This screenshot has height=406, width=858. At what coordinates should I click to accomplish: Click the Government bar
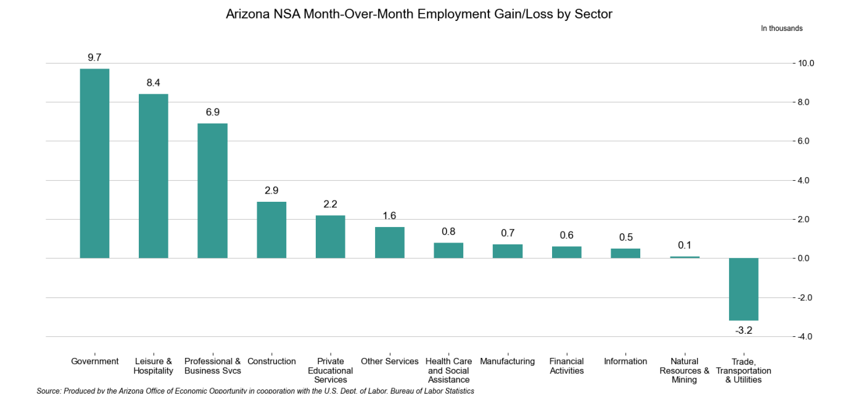click(x=94, y=163)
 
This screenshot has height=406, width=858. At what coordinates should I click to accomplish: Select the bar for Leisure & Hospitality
click(x=153, y=176)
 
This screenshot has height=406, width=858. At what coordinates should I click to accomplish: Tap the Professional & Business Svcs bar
click(x=212, y=191)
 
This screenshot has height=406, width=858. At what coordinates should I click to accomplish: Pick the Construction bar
click(x=271, y=230)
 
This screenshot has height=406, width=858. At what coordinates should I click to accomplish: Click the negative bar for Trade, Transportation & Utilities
click(x=743, y=289)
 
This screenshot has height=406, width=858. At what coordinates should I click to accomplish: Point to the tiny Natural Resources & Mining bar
click(x=685, y=257)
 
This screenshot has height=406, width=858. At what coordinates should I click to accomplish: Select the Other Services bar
click(x=389, y=242)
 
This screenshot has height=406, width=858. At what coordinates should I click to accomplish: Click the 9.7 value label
click(x=94, y=57)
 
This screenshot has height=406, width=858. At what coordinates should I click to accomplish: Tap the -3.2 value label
click(x=743, y=331)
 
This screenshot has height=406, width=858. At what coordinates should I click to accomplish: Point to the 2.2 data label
click(x=330, y=204)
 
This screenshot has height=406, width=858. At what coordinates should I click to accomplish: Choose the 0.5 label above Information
click(x=625, y=238)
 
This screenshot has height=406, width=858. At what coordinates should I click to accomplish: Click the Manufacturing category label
click(x=507, y=362)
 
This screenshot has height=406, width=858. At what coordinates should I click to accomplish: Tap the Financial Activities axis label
click(x=566, y=366)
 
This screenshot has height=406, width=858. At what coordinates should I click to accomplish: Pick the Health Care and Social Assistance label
click(x=448, y=370)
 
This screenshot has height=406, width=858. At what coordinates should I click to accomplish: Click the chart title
click(x=419, y=14)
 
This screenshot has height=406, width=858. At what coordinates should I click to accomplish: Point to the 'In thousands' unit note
click(x=782, y=28)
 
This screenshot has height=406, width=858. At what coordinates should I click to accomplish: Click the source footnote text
click(x=255, y=391)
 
